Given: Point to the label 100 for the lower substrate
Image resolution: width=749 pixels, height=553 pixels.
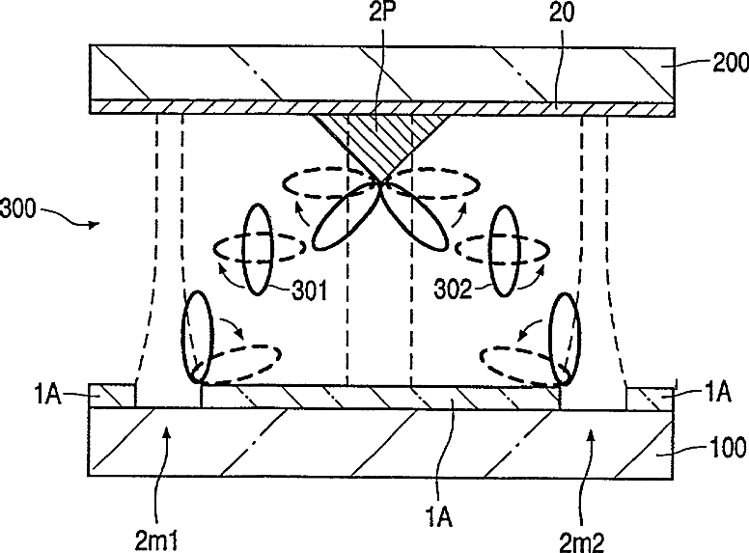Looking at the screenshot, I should pos(719,447).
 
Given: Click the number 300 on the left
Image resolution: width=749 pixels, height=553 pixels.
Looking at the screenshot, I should pos(21,207).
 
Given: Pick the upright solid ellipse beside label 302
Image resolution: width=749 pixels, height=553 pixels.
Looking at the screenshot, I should pos(506,249).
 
